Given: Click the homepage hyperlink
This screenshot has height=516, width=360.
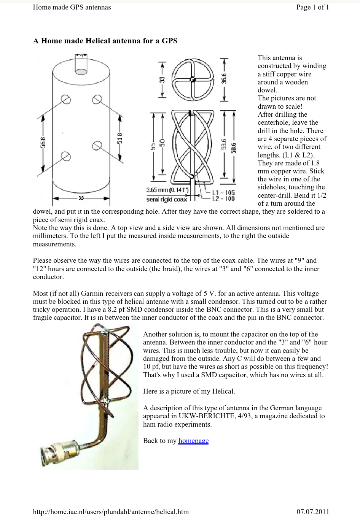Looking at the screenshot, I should coord(193,441).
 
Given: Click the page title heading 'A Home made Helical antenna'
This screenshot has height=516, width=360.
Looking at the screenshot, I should coord(105,41).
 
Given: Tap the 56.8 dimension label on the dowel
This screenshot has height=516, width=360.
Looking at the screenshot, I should coord(43,142).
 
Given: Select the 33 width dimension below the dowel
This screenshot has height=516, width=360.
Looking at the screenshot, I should coord(81,198).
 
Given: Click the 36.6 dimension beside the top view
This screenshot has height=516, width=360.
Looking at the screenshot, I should coord(225,78).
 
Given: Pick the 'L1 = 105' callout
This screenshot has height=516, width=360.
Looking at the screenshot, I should coord(223,192).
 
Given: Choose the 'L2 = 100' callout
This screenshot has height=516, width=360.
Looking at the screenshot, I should coord(223,198).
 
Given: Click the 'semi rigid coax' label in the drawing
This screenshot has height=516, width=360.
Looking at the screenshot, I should coord(167,199).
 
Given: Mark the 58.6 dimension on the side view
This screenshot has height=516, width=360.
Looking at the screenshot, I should coord(234,146).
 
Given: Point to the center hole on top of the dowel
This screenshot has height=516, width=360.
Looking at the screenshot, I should coord(81,71).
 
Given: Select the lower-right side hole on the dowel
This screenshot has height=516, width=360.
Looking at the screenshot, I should coord(97,146).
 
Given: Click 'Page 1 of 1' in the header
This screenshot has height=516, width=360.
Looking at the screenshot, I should coord(312,7).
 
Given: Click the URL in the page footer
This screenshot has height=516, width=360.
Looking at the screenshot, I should coord(111,511).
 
